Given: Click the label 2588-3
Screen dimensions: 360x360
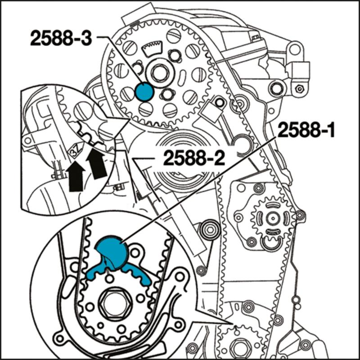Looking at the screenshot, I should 61,39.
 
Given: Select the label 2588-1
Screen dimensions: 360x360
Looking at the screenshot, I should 306,131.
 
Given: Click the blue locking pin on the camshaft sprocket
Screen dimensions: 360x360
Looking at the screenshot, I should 144,91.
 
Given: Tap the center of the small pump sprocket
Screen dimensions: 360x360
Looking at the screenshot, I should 271,218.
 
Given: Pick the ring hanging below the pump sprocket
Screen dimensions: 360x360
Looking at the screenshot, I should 271,243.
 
